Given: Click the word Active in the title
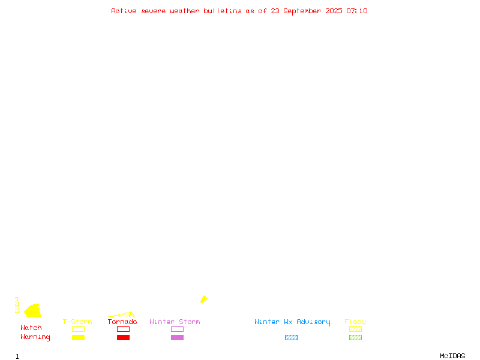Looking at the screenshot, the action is pyautogui.click(x=124, y=11).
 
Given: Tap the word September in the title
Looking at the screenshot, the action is pyautogui.click(x=302, y=11).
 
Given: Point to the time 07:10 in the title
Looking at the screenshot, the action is pyautogui.click(x=357, y=11).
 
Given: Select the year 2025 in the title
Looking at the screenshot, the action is pyautogui.click(x=334, y=11).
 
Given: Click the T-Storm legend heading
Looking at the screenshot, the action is pyautogui.click(x=77, y=322).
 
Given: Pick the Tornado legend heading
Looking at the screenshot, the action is pyautogui.click(x=122, y=322).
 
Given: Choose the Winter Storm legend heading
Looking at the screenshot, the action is pyautogui.click(x=175, y=322).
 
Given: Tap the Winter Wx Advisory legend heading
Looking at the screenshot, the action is pyautogui.click(x=292, y=322).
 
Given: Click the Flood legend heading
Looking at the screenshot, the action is pyautogui.click(x=355, y=322).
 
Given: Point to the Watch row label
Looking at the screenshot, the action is pyautogui.click(x=31, y=328).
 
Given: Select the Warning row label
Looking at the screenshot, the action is pyautogui.click(x=35, y=337).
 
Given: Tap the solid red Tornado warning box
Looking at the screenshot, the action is pyautogui.click(x=124, y=337).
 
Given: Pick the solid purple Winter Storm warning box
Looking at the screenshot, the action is pyautogui.click(x=177, y=337).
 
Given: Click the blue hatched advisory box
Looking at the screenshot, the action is pyautogui.click(x=291, y=337).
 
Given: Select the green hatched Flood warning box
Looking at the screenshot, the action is pyautogui.click(x=355, y=337).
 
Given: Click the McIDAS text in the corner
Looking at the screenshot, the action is pyautogui.click(x=452, y=356).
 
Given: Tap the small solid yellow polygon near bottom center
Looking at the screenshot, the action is pyautogui.click(x=204, y=299).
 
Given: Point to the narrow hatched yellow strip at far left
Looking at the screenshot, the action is pyautogui.click(x=17, y=305).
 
